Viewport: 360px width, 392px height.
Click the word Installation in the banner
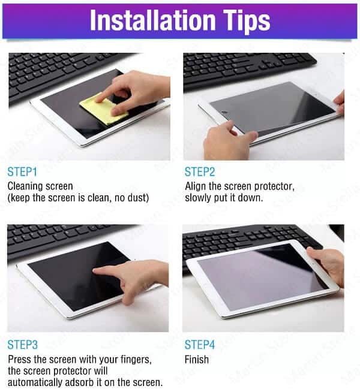tap(152, 20)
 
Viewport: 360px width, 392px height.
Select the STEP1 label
tap(22, 172)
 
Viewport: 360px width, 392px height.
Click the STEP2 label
tap(200, 172)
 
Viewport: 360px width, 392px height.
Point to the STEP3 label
tap(23, 345)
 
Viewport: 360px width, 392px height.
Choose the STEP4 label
tap(200, 345)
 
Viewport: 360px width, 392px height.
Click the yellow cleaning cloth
tap(103, 109)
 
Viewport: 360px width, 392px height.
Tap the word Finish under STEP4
tap(197, 360)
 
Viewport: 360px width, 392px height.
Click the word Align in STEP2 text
tap(196, 186)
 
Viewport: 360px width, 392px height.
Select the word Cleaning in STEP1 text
tap(26, 186)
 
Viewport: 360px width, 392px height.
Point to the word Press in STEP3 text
tap(20, 360)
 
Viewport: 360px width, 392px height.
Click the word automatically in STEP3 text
tap(35, 382)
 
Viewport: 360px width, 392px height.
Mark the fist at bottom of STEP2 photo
tap(227, 140)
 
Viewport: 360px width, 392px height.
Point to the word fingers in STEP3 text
tap(136, 360)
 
